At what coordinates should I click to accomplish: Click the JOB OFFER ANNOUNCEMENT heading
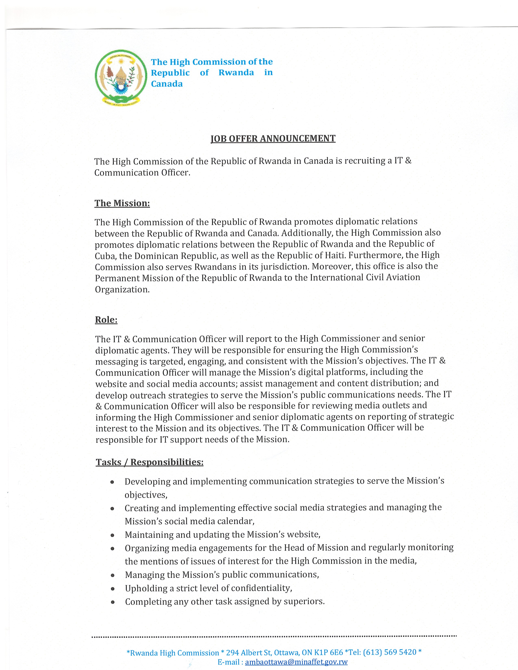(x=273, y=139)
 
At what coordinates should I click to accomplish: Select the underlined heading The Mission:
(x=122, y=203)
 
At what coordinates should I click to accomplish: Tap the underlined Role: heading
(x=106, y=320)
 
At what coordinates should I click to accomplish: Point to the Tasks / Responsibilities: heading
(x=150, y=462)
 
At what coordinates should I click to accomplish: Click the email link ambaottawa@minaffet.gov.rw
(x=296, y=662)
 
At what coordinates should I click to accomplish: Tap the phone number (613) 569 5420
(x=390, y=652)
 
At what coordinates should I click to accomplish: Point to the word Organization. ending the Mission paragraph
(x=122, y=290)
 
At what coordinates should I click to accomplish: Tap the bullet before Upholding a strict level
(x=113, y=589)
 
